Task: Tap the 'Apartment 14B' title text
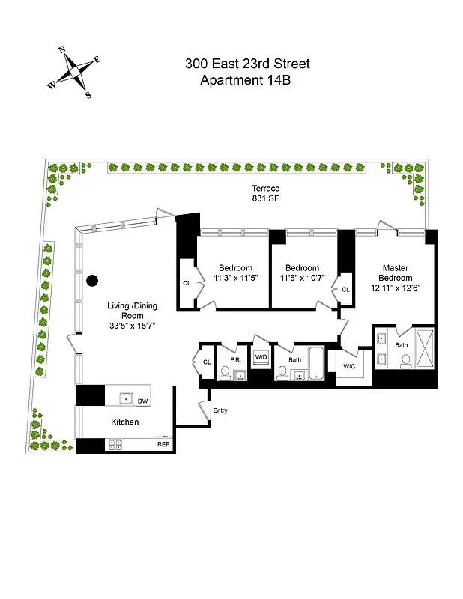247,80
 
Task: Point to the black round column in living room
92,281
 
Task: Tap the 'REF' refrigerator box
163,445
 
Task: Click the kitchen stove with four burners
116,445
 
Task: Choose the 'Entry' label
220,410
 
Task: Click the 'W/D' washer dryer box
261,358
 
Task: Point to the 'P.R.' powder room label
234,359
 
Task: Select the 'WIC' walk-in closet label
349,366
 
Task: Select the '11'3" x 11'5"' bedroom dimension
235,279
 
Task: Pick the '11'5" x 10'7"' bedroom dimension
302,279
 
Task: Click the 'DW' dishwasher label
142,401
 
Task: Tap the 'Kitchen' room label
125,422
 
